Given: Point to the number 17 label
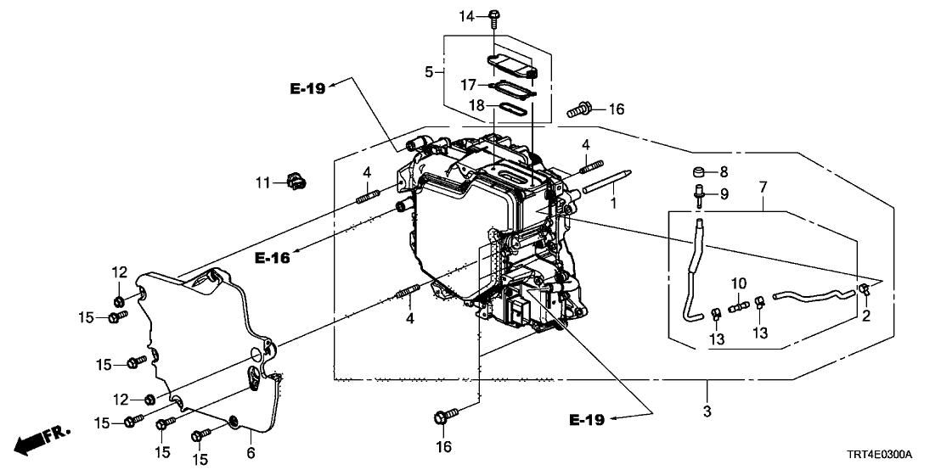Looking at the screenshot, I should pyautogui.click(x=469, y=85).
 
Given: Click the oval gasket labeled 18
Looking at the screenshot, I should pyautogui.click(x=510, y=109).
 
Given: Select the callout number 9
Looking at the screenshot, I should pyautogui.click(x=724, y=194).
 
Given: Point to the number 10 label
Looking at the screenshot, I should pyautogui.click(x=738, y=283).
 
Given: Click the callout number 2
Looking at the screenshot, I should pyautogui.click(x=866, y=317).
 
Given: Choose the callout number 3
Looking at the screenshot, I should pyautogui.click(x=707, y=411).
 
